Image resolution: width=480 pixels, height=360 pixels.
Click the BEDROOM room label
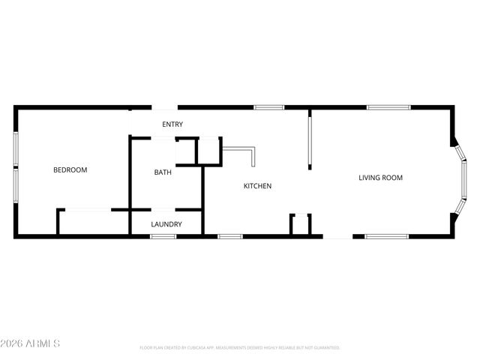[70, 170]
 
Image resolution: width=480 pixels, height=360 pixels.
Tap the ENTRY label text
[172, 124]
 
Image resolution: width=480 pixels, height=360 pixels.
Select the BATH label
[163, 172]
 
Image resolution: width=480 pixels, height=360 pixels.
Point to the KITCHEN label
[257, 186]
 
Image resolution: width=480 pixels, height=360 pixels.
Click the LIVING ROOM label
[380, 178]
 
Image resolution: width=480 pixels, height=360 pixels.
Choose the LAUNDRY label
[166, 224]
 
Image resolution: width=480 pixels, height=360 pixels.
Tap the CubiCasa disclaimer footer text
[240, 348]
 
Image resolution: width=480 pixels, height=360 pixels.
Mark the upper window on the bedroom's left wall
[16, 148]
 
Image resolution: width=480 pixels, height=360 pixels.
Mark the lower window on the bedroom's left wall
[16, 187]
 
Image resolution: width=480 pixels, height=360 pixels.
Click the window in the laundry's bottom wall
[163, 237]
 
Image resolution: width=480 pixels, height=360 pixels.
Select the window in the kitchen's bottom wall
[230, 237]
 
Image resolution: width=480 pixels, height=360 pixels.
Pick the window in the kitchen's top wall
[268, 107]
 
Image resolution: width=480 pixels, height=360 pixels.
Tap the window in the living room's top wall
[388, 107]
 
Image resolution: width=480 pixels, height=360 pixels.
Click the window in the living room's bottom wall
[386, 237]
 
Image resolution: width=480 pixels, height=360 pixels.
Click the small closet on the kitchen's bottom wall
[300, 225]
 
